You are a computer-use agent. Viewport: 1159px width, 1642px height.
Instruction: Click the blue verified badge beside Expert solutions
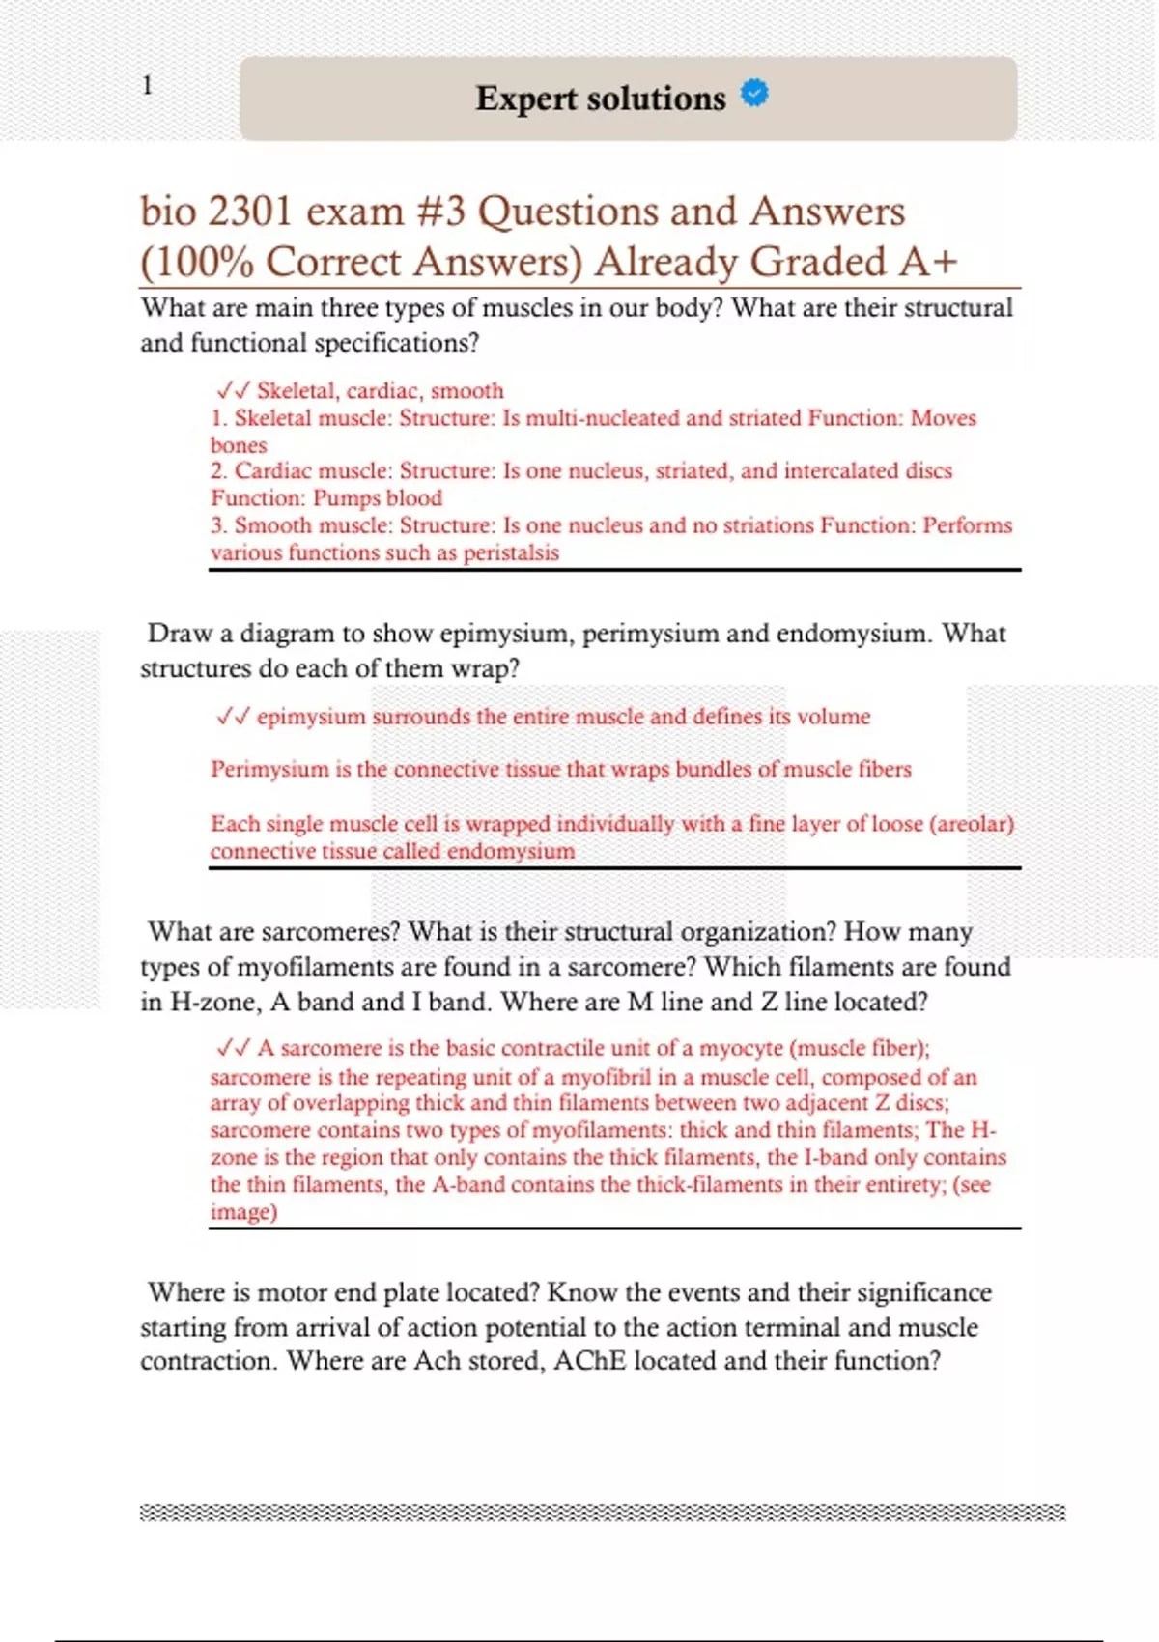point(754,93)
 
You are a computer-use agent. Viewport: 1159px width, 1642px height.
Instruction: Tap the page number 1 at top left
point(147,86)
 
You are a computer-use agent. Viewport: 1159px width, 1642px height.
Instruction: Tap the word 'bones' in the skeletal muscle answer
point(239,445)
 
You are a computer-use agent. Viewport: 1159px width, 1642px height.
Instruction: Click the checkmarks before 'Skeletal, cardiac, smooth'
point(233,390)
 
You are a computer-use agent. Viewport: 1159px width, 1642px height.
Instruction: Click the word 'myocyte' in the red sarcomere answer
point(741,1049)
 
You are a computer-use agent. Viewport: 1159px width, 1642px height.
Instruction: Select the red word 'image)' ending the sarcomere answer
point(243,1212)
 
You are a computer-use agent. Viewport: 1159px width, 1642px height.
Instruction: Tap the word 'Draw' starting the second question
point(180,634)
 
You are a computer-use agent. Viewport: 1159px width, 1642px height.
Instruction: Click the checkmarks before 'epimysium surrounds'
point(233,717)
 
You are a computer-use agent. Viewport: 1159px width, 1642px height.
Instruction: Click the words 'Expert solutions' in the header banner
point(600,99)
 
